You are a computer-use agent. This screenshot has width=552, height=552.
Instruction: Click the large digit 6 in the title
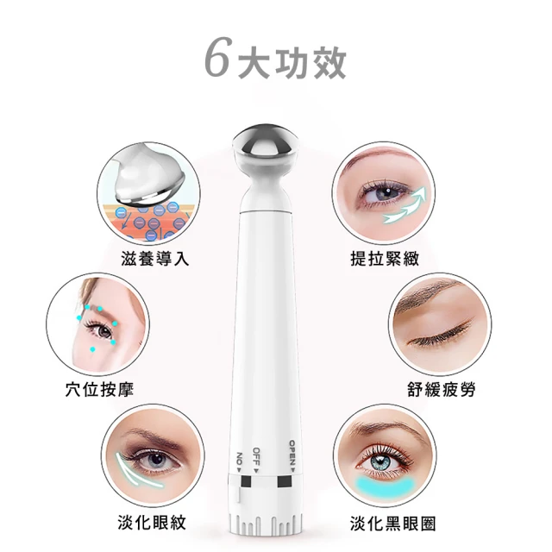pos(218,57)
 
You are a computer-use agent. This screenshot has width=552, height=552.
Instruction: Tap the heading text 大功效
pos(292,63)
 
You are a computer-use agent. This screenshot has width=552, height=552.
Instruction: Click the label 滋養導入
pos(155,259)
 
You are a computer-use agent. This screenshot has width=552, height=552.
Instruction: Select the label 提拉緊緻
pos(385,259)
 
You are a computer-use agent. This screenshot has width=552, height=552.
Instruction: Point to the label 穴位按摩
pos(100,389)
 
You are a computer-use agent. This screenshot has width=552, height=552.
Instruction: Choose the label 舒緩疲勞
pos(442,389)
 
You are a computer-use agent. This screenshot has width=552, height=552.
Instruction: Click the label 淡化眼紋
pos(152,522)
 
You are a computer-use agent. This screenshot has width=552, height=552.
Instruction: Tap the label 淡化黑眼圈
pos(393,524)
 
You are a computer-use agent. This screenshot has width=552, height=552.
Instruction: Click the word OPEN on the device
pos(292,456)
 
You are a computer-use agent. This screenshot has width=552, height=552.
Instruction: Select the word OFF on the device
pos(256,461)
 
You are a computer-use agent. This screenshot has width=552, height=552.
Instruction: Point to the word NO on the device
pos(240,462)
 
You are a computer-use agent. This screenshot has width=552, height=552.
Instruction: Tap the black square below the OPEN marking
pos(285,481)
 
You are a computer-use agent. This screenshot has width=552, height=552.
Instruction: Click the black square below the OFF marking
pos(246,481)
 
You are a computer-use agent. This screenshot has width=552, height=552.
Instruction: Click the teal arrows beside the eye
pos(405,205)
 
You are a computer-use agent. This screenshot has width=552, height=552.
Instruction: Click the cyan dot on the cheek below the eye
pos(92,349)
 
